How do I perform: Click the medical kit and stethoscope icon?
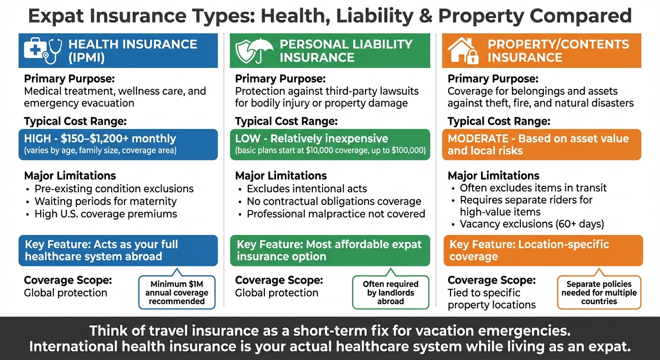(42, 51)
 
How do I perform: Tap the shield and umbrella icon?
(253, 51)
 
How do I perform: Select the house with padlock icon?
(463, 51)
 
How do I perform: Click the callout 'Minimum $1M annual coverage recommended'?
(177, 292)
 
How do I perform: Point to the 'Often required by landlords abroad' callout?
(390, 292)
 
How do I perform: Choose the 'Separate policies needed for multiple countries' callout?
(599, 292)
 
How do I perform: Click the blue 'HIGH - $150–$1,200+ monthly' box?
(118, 144)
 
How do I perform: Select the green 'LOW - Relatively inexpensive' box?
(330, 144)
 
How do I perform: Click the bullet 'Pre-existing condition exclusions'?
(114, 189)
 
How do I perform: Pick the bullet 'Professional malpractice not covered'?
(336, 214)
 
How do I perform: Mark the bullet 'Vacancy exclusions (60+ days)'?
(532, 224)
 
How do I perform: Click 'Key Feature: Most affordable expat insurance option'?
(330, 250)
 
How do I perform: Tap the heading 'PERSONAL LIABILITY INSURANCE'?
(346, 51)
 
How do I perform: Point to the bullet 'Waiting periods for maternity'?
(105, 202)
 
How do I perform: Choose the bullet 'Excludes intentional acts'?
(307, 189)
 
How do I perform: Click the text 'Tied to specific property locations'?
(491, 299)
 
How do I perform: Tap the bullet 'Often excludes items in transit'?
(533, 188)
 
